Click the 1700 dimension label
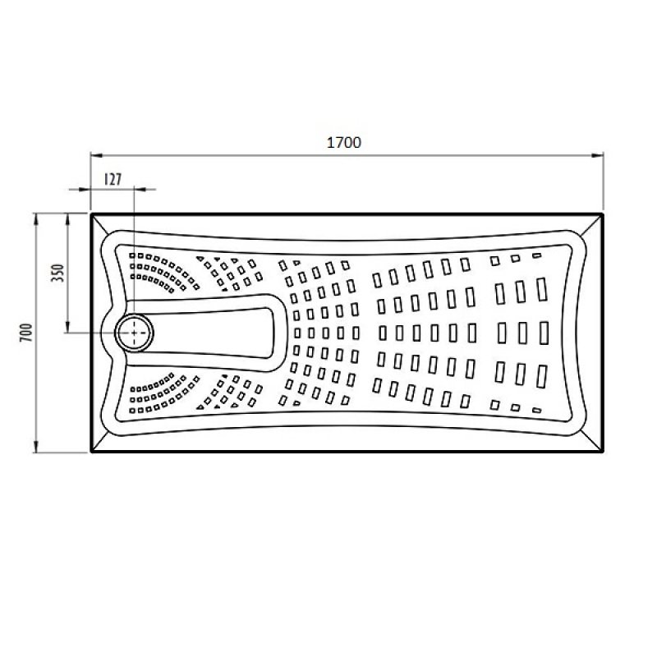(343, 142)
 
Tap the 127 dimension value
(113, 179)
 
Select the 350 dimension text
(57, 273)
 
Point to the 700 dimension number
(26, 333)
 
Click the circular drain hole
(134, 333)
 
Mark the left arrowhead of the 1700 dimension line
(96, 155)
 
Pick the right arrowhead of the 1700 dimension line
(598, 155)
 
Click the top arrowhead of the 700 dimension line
(35, 219)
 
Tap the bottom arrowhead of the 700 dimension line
(35, 447)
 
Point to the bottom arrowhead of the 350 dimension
(67, 327)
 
